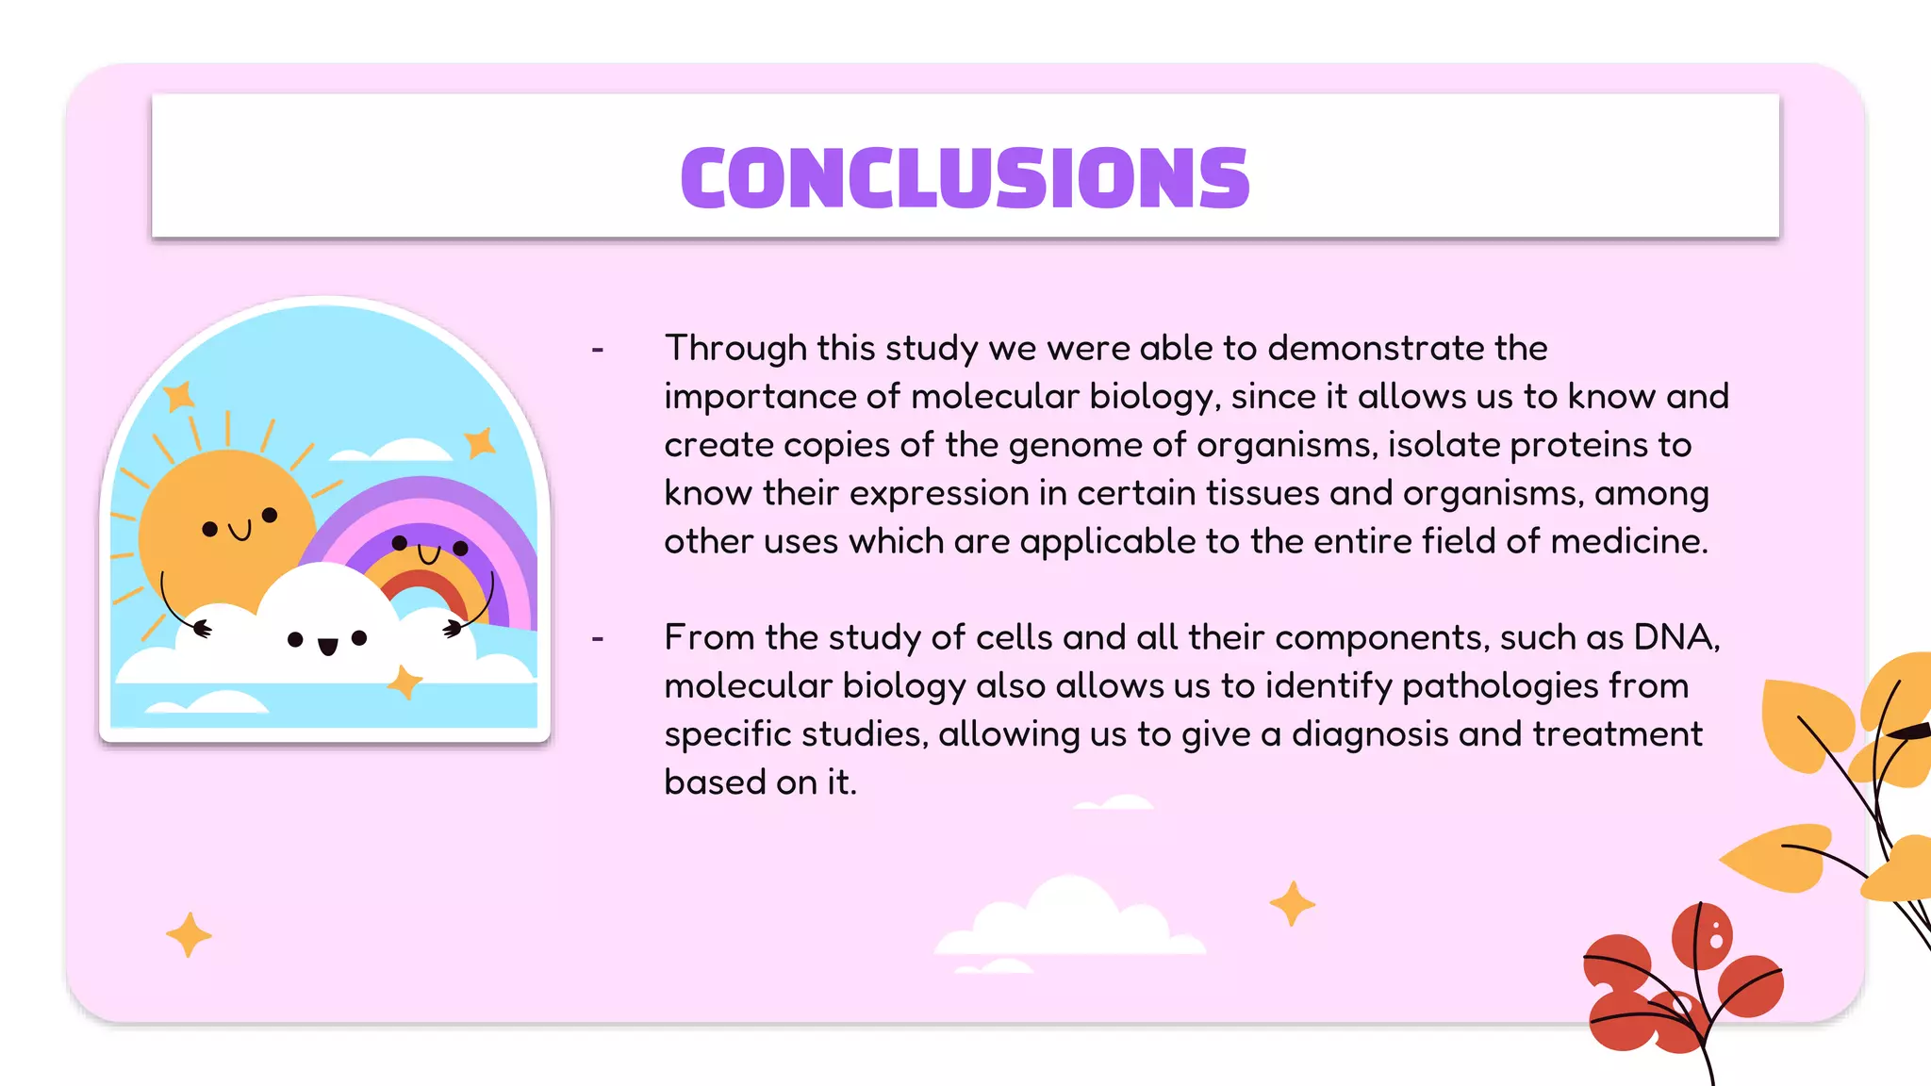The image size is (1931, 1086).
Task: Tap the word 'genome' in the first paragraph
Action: [x=1079, y=445]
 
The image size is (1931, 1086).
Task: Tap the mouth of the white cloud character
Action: [x=327, y=647]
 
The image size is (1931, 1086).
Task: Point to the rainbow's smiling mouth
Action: [x=429, y=554]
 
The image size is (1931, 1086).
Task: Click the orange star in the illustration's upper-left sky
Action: [x=178, y=396]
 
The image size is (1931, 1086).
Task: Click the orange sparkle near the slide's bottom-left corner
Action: [x=189, y=935]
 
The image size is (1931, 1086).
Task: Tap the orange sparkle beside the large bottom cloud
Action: [x=1292, y=904]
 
